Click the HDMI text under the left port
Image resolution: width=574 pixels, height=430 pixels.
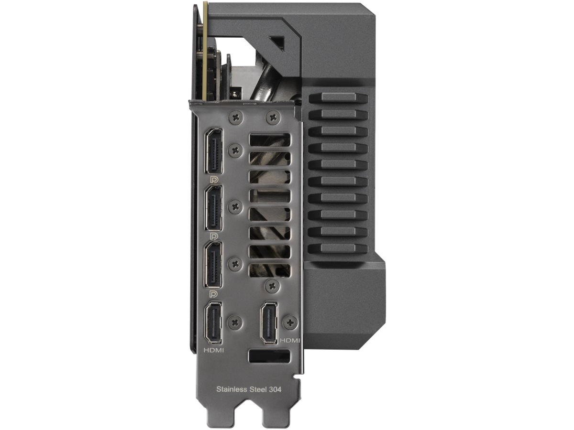[x=214, y=351]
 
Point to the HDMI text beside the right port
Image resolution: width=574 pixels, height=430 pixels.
[x=290, y=341]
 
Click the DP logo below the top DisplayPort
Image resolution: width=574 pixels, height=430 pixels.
[x=214, y=180]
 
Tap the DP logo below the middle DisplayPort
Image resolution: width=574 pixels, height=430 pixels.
[x=214, y=236]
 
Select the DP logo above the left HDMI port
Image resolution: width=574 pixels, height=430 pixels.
[x=214, y=294]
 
